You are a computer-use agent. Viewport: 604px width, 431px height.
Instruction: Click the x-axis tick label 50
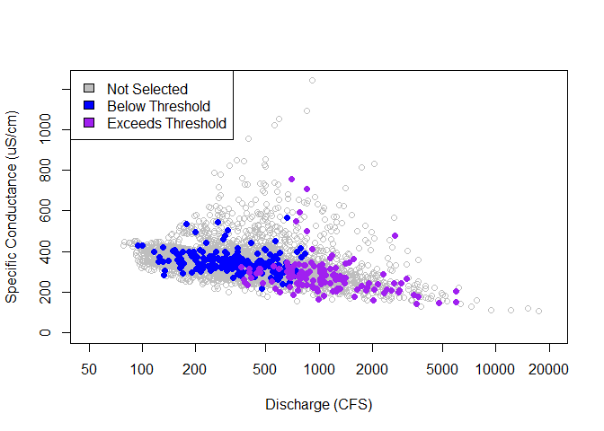[89, 371]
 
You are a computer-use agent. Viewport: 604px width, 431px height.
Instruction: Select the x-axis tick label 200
[195, 371]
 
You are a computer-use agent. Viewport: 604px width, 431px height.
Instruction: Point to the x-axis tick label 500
[265, 371]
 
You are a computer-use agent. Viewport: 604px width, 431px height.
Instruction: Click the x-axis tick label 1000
[318, 371]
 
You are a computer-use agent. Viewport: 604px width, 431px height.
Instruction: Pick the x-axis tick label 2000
[371, 371]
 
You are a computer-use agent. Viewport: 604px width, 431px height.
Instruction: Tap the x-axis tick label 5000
[441, 371]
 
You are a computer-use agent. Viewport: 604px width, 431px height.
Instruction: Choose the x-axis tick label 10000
[494, 371]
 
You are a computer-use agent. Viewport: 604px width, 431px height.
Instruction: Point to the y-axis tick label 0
[45, 333]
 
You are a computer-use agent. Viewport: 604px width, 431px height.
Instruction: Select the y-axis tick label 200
[45, 293]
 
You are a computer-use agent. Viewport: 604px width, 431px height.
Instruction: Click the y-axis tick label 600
[45, 211]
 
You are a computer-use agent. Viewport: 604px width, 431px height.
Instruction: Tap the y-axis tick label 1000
[45, 130]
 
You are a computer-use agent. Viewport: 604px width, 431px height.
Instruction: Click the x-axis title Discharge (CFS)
[318, 405]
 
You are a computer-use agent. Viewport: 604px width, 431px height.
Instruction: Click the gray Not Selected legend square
[89, 89]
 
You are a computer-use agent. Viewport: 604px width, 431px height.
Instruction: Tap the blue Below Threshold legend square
[89, 106]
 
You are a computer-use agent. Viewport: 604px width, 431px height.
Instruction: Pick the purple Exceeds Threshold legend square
[89, 123]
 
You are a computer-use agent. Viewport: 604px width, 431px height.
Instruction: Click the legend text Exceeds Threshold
[166, 123]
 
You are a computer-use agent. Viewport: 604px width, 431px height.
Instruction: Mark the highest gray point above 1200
[313, 80]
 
